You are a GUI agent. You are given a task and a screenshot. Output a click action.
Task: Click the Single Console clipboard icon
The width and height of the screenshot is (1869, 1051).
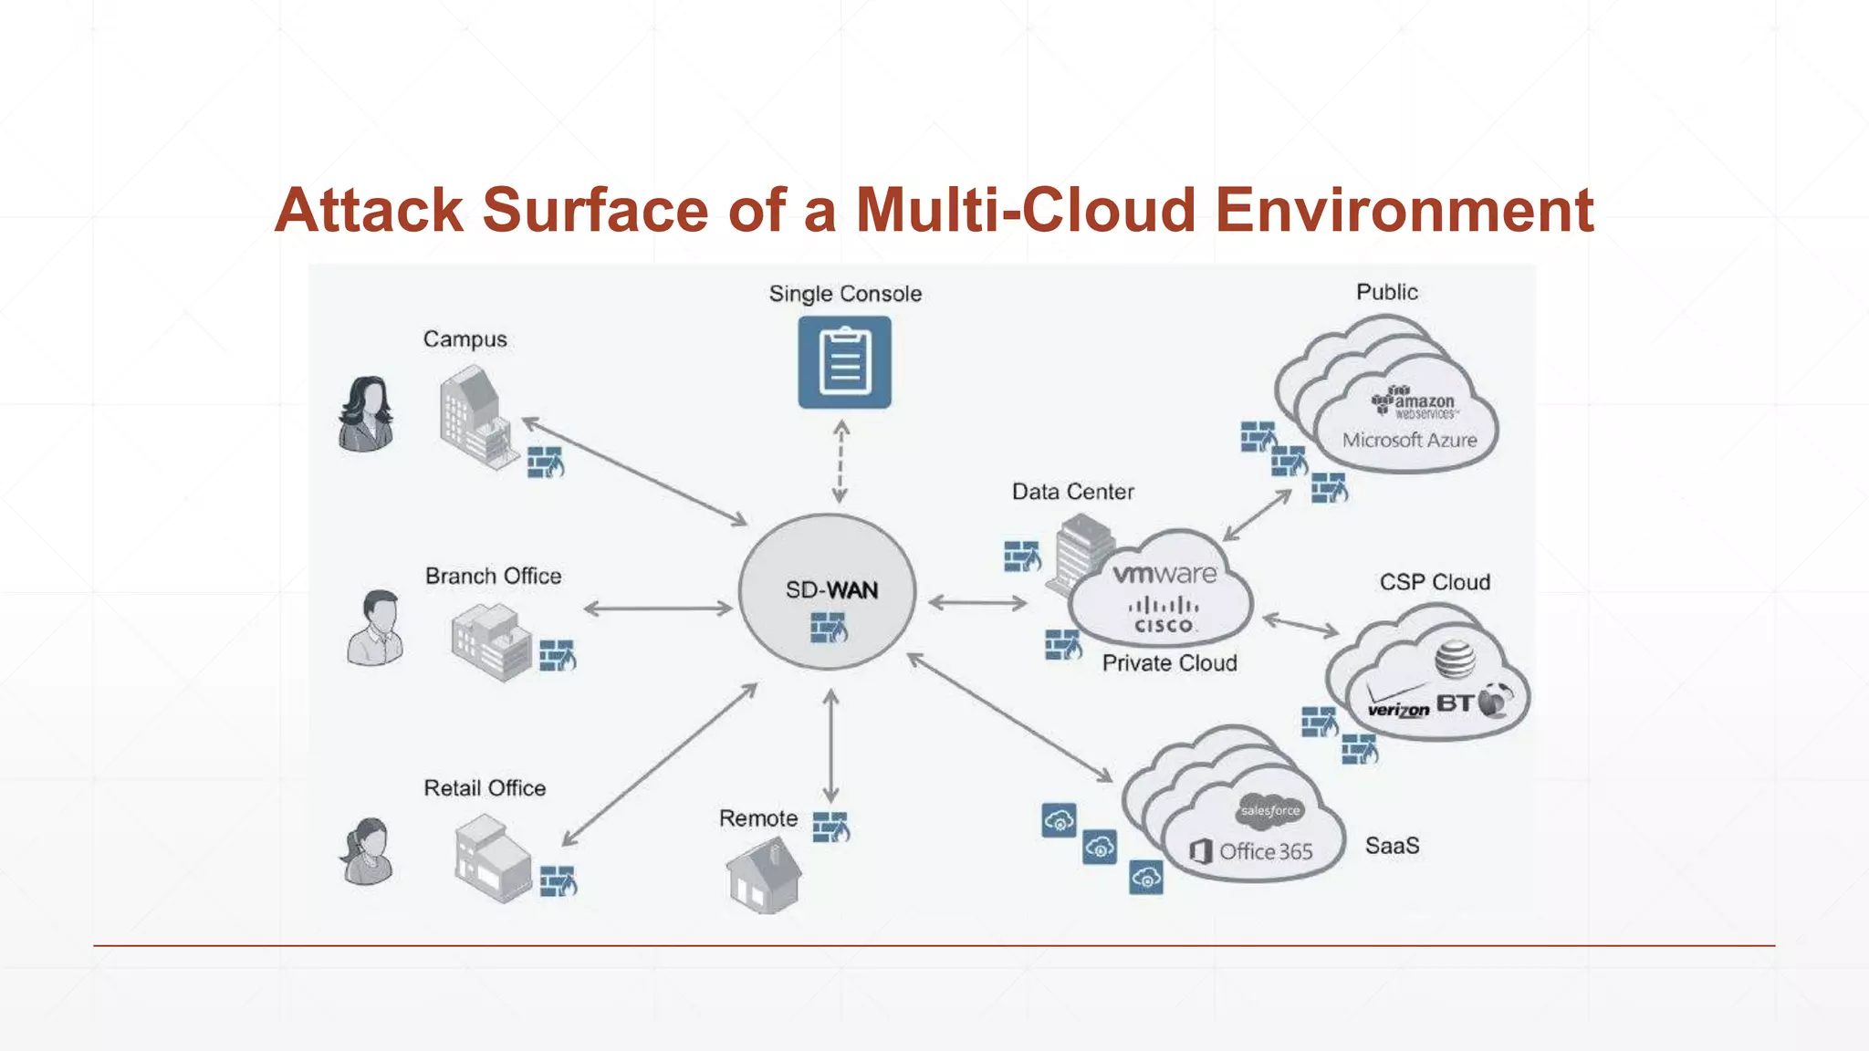pos(844,362)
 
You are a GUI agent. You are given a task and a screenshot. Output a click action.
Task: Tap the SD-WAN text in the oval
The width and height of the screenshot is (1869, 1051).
pos(831,590)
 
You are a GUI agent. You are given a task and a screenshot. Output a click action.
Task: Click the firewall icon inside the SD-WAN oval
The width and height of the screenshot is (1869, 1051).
pos(829,628)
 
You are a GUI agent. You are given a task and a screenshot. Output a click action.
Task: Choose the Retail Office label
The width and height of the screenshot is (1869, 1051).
pos(485,788)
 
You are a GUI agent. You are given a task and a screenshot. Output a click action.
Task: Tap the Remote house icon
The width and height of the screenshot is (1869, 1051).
pos(764,875)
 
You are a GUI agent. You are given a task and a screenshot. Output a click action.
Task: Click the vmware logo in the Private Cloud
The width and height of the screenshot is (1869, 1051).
pos(1164,575)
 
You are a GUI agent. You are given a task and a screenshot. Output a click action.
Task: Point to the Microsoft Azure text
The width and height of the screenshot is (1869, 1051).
pos(1409,440)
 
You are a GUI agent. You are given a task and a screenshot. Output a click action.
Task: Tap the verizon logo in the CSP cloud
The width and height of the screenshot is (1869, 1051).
pos(1398,708)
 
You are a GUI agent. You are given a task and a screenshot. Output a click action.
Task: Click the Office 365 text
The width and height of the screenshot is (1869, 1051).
pos(1265,851)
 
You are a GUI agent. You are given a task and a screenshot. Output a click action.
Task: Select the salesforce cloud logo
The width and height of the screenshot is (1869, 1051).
pos(1269,810)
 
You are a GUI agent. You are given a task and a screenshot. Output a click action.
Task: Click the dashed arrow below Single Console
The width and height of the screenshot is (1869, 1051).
pos(841,462)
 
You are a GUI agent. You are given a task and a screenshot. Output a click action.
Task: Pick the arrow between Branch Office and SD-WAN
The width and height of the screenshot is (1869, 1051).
pos(657,609)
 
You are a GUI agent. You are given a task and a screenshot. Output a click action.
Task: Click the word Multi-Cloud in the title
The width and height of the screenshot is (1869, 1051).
pos(1026,211)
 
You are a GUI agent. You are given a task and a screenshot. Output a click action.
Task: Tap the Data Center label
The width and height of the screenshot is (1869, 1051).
pos(1072,492)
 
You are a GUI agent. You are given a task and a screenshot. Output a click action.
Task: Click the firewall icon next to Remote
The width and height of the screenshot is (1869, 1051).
pos(830,827)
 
